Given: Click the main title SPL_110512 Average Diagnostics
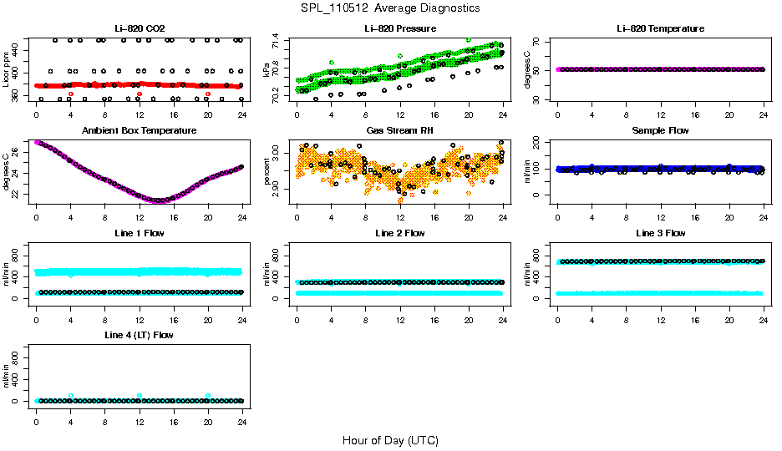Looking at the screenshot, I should point(391,8).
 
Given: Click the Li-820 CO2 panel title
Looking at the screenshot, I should point(139,29).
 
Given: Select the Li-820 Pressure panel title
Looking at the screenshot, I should point(399,29).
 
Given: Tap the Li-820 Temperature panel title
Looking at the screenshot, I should point(660,29).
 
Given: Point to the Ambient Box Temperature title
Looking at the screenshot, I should point(139,131).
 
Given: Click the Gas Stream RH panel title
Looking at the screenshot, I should point(399,131).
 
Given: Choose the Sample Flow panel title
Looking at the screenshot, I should point(660,131).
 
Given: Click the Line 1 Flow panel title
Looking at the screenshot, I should point(139,233).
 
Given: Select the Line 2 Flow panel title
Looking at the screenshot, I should point(399,233).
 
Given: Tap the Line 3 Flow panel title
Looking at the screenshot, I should point(660,233).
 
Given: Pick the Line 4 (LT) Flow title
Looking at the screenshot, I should point(139,335).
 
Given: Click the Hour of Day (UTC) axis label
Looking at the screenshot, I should point(390,440).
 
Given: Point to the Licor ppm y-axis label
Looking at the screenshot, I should point(7,70).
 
